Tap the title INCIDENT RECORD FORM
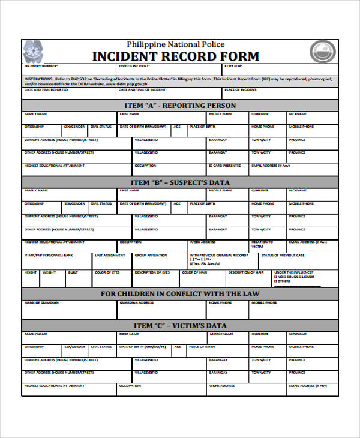[x=175, y=56]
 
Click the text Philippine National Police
[x=175, y=44]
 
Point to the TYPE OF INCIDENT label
[x=133, y=66]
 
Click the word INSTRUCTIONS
[x=38, y=79]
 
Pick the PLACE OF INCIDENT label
[x=239, y=89]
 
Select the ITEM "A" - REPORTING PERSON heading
[x=180, y=105]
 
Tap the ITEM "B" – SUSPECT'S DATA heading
[x=180, y=182]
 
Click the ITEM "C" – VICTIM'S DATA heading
[x=180, y=325]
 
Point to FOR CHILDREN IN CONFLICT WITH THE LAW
[x=180, y=294]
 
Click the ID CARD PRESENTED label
[x=225, y=166]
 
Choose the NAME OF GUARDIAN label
[x=41, y=302]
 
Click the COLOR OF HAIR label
[x=194, y=272]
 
